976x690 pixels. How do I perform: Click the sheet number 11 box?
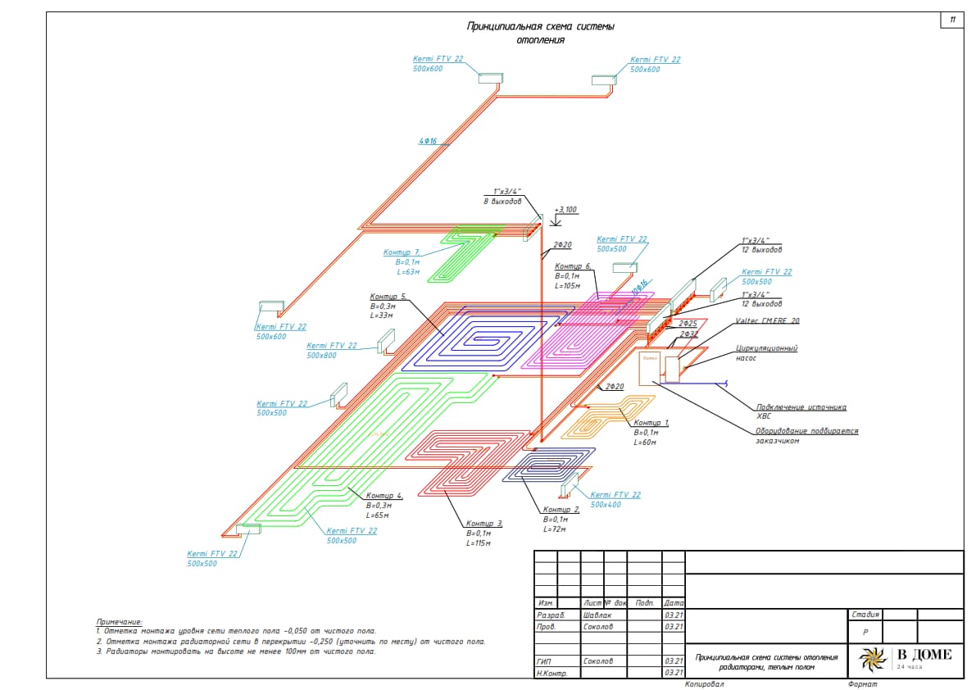point(951,20)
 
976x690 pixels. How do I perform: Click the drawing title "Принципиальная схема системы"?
point(540,27)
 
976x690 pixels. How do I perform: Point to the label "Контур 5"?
point(388,297)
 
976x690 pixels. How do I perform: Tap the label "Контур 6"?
point(573,267)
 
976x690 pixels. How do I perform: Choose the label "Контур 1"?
point(651,423)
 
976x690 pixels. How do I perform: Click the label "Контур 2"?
point(561,510)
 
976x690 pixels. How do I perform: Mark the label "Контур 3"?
point(484,524)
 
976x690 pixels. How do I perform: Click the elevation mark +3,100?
point(565,210)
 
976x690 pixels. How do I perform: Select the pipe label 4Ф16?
point(428,141)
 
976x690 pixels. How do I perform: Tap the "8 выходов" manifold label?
point(502,202)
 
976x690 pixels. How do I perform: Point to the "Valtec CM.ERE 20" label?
point(767,321)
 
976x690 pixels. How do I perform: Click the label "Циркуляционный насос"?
point(766,353)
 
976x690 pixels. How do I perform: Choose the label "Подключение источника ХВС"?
point(801,411)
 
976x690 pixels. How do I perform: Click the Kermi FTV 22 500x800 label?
point(332,351)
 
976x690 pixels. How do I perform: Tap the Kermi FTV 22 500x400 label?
point(615,499)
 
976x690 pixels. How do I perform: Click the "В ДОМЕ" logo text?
point(924,654)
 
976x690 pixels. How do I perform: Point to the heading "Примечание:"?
point(119,622)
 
